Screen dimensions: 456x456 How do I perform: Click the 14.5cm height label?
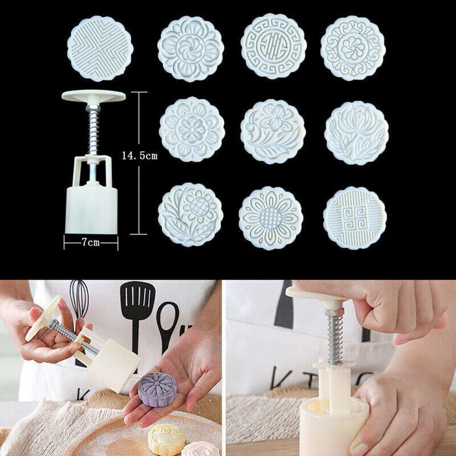pyautogui.click(x=139, y=155)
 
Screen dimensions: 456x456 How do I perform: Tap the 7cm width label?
pyautogui.click(x=91, y=242)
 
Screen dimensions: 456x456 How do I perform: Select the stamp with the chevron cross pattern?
pyautogui.click(x=100, y=48)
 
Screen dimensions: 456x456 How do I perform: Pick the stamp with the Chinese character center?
pyautogui.click(x=273, y=46)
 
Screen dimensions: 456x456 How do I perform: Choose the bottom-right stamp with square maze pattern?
pyautogui.click(x=354, y=218)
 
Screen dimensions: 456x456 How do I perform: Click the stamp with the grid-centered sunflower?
pyautogui.click(x=270, y=218)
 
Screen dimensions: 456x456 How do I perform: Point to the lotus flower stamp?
pyautogui.click(x=356, y=132)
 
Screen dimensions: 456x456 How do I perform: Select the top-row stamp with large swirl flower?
pyautogui.click(x=190, y=48)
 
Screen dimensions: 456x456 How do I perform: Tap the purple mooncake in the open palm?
pyautogui.click(x=158, y=389)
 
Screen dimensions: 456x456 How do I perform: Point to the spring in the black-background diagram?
pyautogui.click(x=93, y=130)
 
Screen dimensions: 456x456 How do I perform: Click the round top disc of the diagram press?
pyautogui.click(x=93, y=96)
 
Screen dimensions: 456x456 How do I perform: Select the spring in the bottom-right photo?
pyautogui.click(x=335, y=335)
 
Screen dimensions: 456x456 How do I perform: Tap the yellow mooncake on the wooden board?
pyautogui.click(x=166, y=438)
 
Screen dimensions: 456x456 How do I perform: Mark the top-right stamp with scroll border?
pyautogui.click(x=353, y=48)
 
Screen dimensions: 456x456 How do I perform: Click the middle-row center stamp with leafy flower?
pyautogui.click(x=272, y=132)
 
